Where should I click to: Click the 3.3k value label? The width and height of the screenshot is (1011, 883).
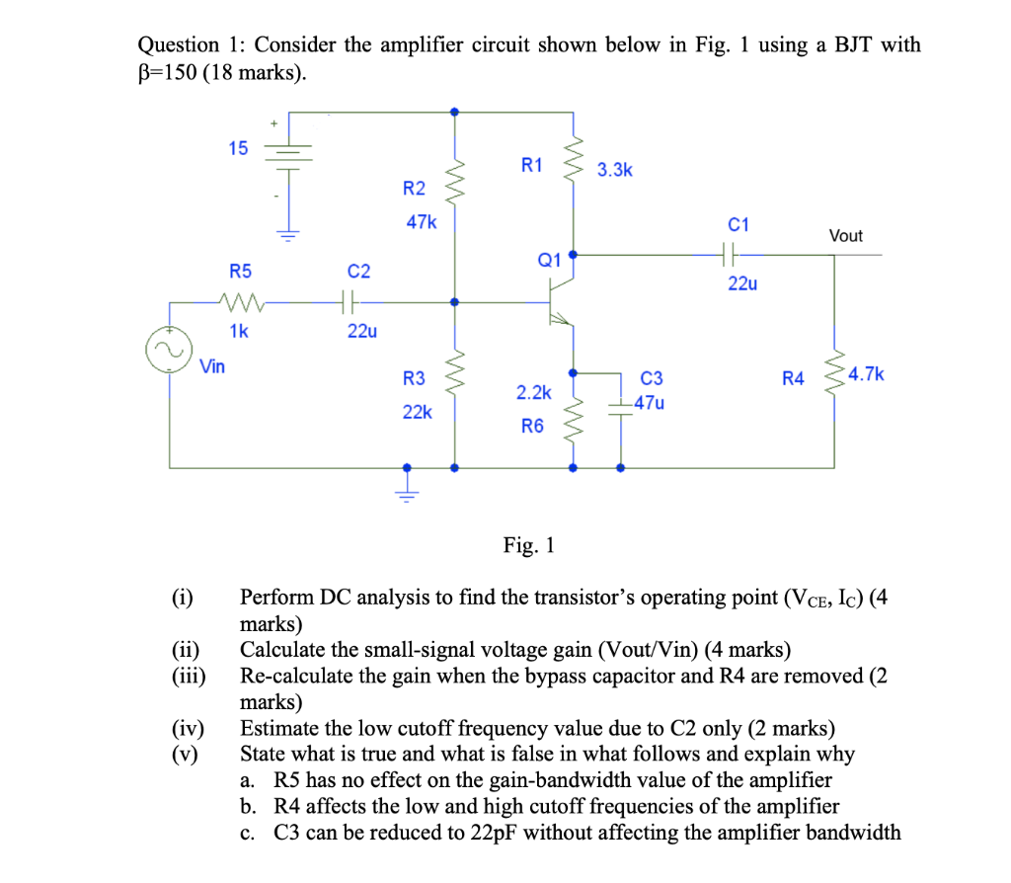click(615, 170)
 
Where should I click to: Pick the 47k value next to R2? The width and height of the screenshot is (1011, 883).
click(421, 222)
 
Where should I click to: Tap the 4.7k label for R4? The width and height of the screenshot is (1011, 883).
click(867, 374)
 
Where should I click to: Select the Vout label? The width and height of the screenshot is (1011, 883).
click(845, 235)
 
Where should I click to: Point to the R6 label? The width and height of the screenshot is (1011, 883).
click(532, 426)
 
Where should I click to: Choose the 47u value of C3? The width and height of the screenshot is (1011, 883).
click(650, 403)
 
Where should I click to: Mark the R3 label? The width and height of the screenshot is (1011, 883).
click(415, 378)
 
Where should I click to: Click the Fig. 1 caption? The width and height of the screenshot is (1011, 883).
click(529, 545)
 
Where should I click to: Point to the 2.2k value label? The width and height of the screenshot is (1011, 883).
click(533, 392)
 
